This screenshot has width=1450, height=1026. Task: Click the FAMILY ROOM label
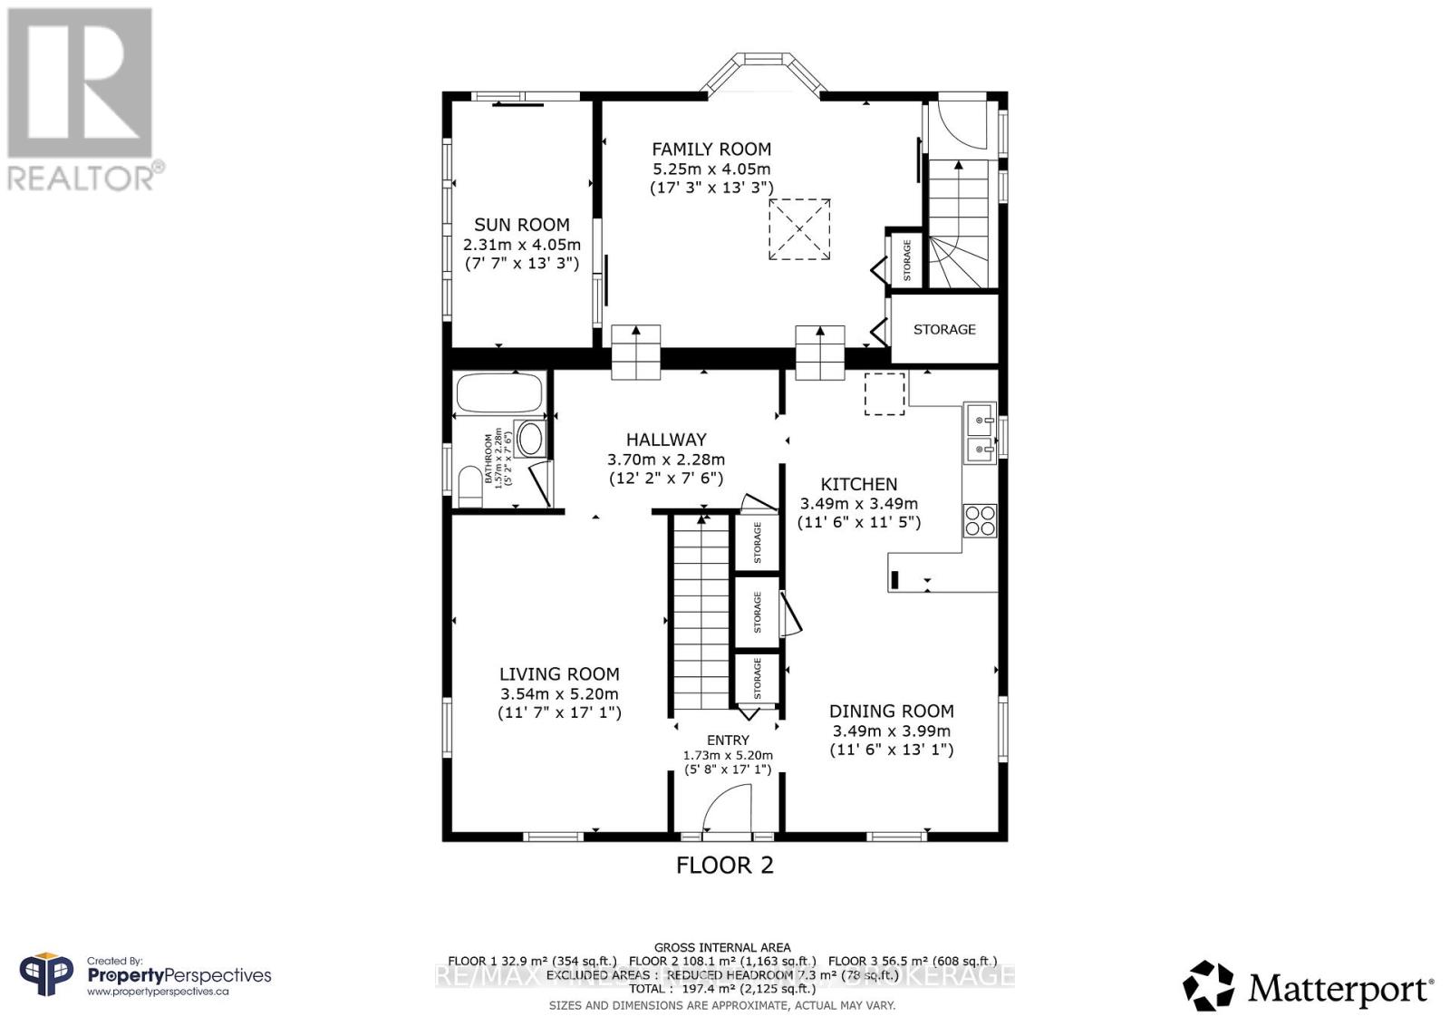click(711, 149)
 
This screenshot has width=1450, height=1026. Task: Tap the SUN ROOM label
click(521, 225)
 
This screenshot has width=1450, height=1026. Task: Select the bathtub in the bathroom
click(498, 394)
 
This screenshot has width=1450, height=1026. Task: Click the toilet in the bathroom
click(469, 487)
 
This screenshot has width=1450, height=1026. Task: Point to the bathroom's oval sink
click(530, 440)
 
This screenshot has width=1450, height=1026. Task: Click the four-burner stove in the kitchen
click(980, 521)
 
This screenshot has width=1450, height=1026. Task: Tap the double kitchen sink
click(980, 433)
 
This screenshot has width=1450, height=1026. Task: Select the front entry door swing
click(727, 808)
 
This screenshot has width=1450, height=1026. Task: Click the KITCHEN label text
click(858, 484)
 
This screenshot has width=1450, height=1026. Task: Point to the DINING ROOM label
click(891, 711)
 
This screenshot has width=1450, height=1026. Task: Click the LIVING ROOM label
click(559, 673)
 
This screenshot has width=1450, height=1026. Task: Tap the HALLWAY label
click(666, 440)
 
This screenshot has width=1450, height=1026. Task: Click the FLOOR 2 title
click(725, 865)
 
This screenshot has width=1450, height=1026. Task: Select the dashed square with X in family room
click(799, 230)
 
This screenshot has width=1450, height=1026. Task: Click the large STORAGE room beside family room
click(944, 329)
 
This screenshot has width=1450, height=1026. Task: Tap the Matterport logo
click(1308, 986)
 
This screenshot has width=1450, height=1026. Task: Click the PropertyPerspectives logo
click(145, 976)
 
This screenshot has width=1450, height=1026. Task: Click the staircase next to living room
click(700, 612)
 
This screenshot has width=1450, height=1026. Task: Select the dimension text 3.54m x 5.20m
click(559, 693)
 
